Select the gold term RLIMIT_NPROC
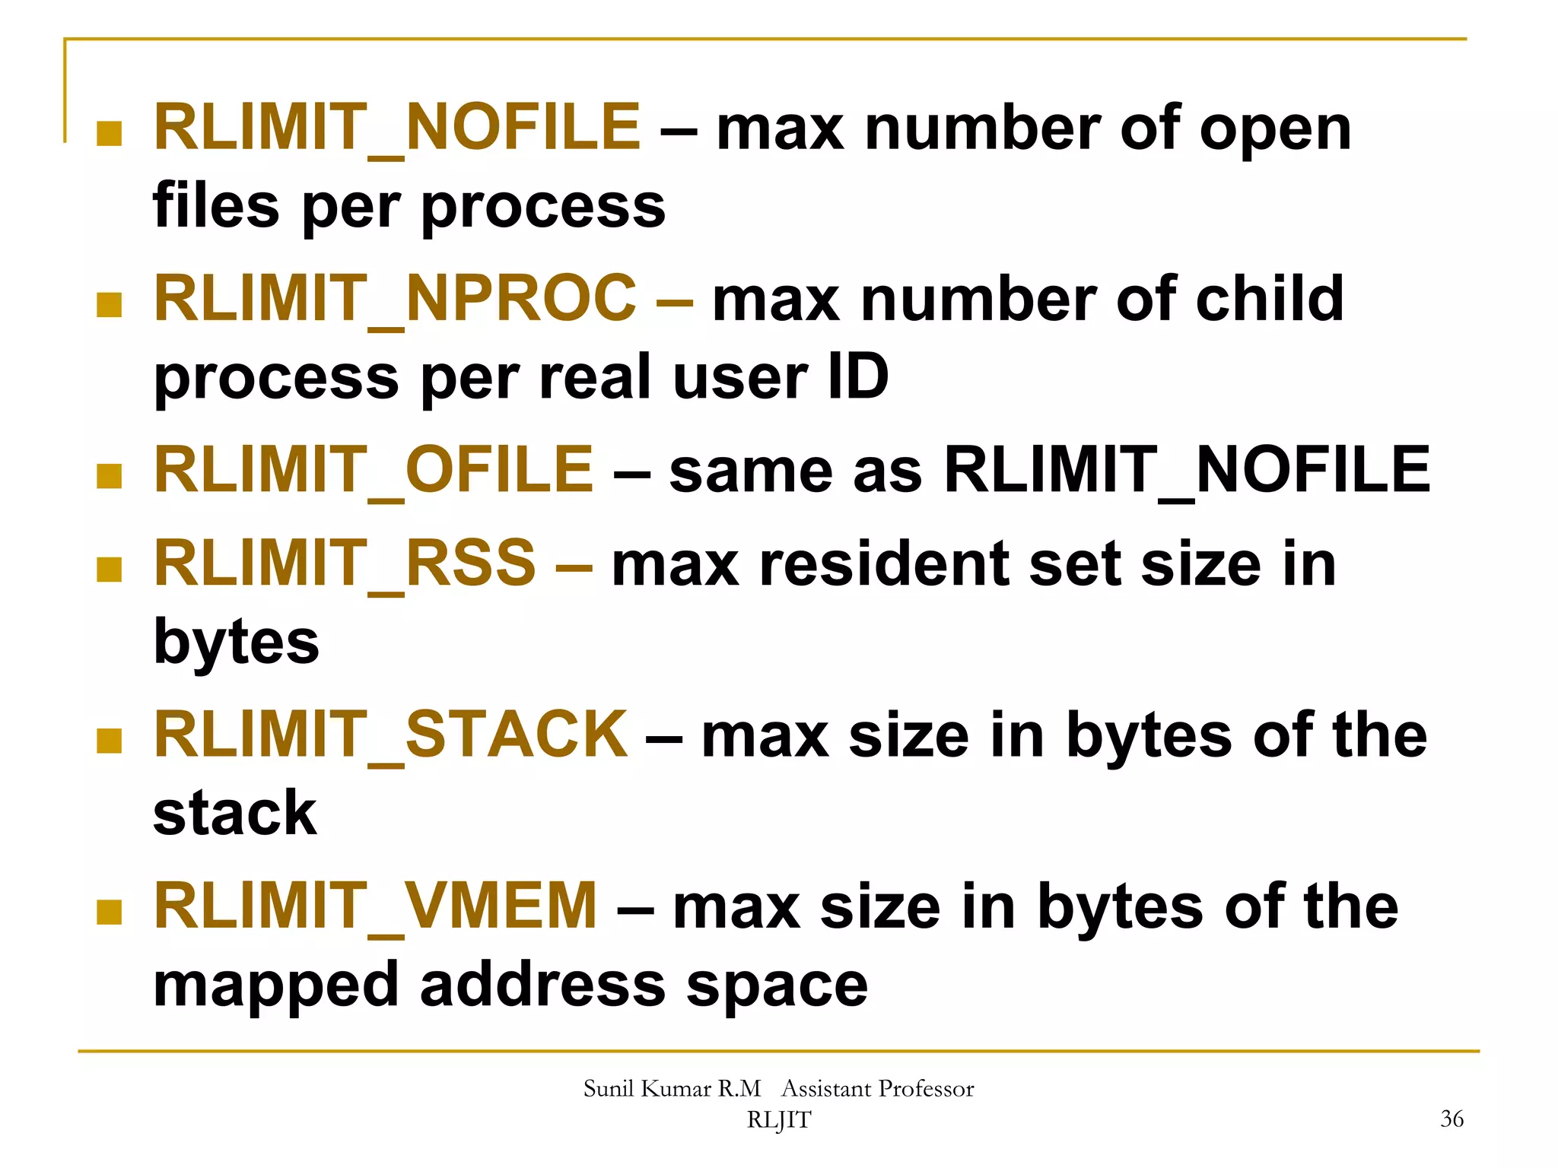click(x=395, y=299)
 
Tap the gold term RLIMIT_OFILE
click(x=374, y=470)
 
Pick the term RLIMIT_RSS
click(x=345, y=564)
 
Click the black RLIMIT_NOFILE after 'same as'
click(x=1187, y=470)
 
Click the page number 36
click(x=1451, y=1119)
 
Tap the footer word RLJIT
click(x=779, y=1120)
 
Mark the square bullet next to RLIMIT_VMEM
click(x=110, y=912)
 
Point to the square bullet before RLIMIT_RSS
click(x=110, y=570)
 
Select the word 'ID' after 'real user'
click(x=857, y=376)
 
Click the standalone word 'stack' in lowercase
click(x=235, y=813)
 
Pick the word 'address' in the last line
click(x=542, y=985)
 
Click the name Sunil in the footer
click(x=609, y=1089)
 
